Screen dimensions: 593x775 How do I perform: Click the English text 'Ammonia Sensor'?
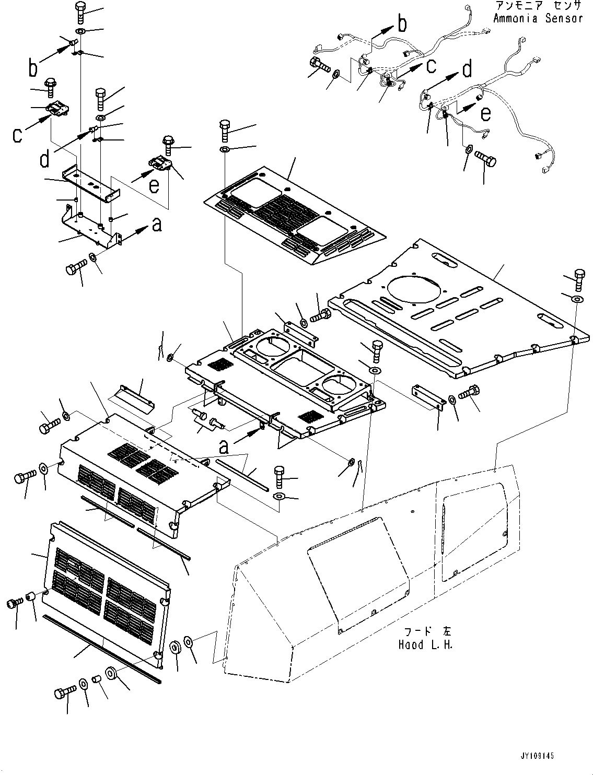(x=538, y=18)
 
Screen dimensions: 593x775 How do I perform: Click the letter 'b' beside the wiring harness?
(x=402, y=24)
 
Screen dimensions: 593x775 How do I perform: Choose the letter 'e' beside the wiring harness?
(x=486, y=114)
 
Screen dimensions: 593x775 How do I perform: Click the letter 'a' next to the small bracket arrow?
(x=157, y=225)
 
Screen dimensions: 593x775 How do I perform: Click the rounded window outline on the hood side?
(x=475, y=532)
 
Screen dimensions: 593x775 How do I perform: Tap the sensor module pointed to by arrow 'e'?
(x=160, y=163)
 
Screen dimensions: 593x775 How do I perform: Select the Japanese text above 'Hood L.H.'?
(x=428, y=631)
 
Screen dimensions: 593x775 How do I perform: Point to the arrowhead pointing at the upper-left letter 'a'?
(x=143, y=229)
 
